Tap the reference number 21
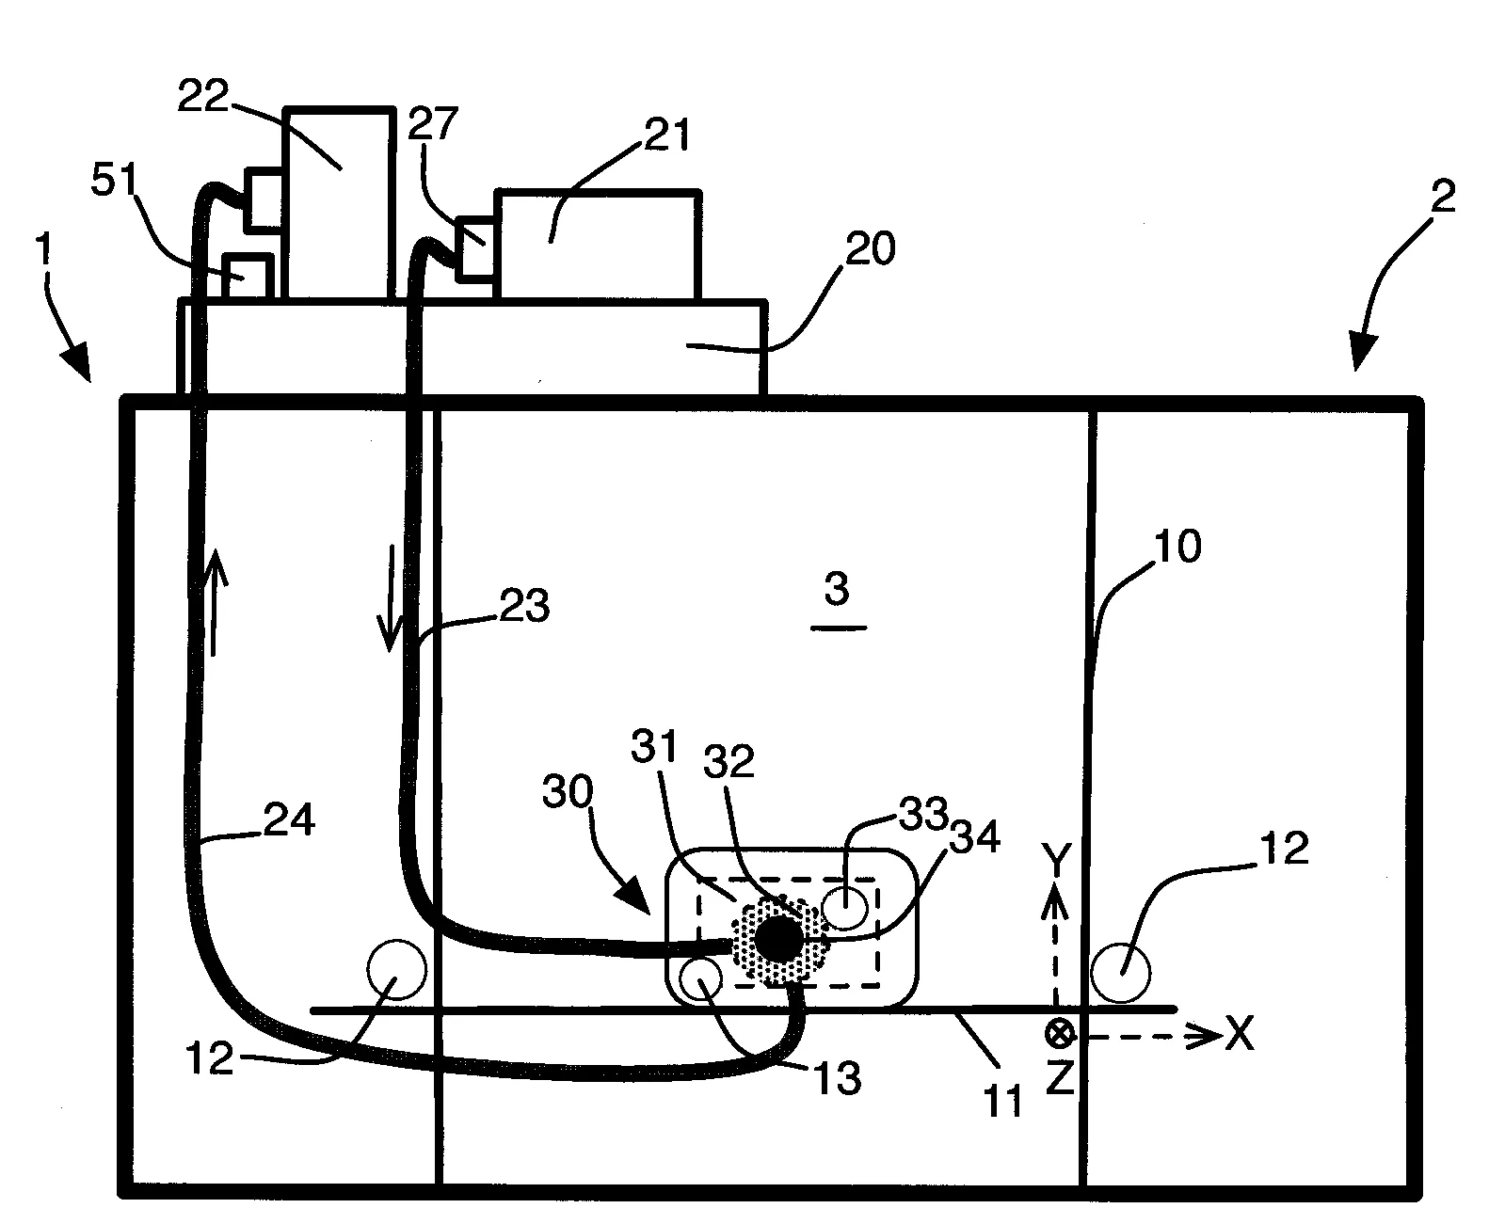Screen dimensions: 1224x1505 pyautogui.click(x=665, y=135)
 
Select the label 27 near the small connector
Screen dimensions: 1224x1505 pyautogui.click(x=433, y=123)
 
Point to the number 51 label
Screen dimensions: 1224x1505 pyautogui.click(x=116, y=183)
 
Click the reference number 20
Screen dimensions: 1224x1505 pyautogui.click(x=871, y=249)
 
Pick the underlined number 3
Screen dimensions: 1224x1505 pyautogui.click(x=836, y=591)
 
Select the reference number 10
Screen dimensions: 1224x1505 pyautogui.click(x=1177, y=547)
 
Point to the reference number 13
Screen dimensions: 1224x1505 pyautogui.click(x=837, y=1077)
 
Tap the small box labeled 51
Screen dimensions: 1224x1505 pyautogui.click(x=247, y=277)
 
